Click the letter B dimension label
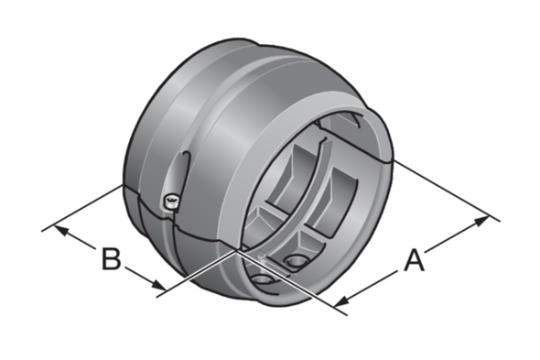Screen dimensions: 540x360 click(x=110, y=259)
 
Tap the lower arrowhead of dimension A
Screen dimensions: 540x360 click(x=340, y=300)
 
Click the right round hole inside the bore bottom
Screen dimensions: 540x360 click(x=296, y=261)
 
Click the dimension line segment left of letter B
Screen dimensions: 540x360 click(x=78, y=239)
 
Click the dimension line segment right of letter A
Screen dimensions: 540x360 click(x=458, y=237)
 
